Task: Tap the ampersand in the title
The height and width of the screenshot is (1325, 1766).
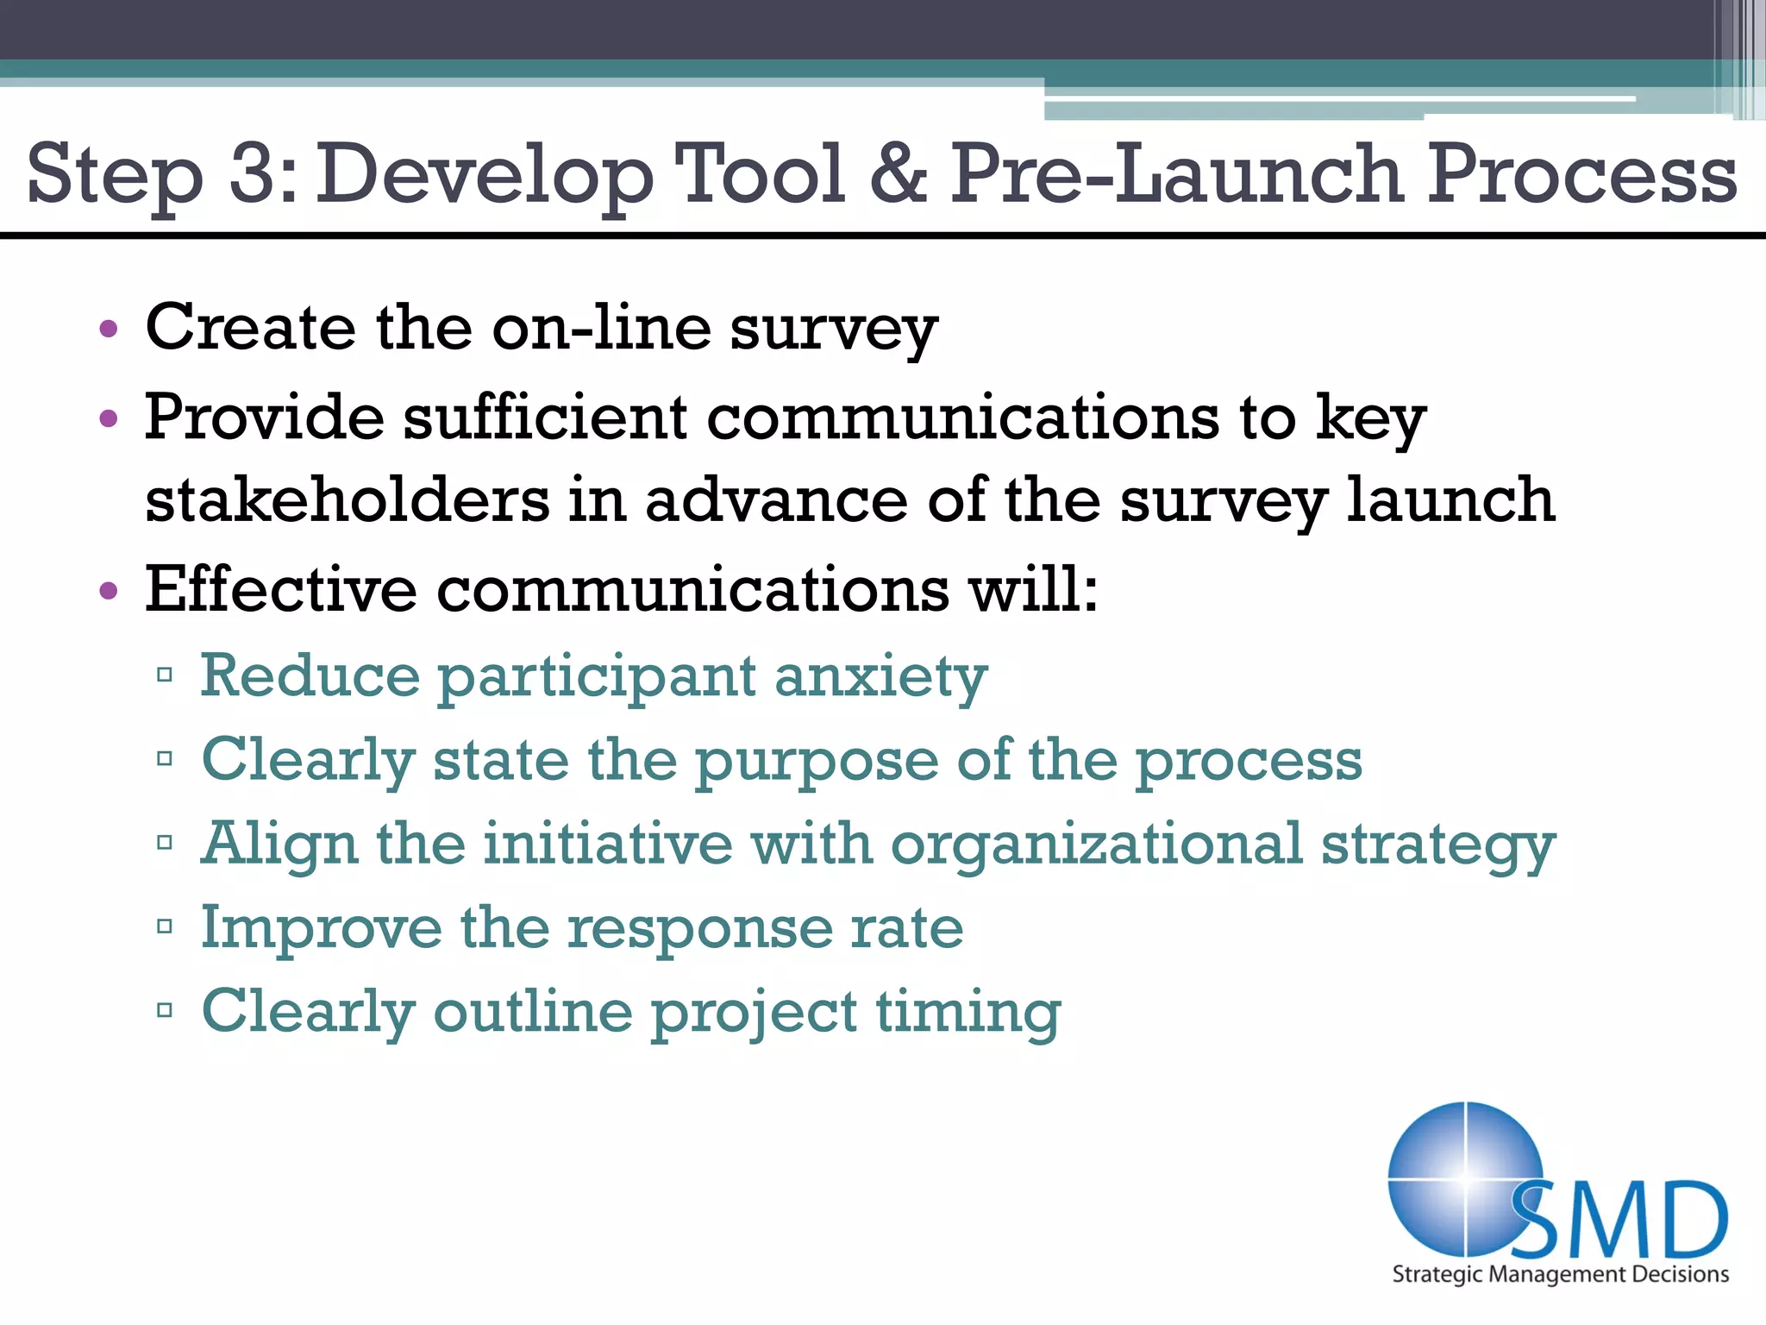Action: tap(898, 174)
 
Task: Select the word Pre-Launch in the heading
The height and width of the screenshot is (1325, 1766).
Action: tap(1178, 174)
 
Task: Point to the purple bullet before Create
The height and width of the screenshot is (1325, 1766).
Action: tap(108, 330)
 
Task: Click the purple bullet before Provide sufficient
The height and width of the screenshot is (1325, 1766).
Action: tap(108, 420)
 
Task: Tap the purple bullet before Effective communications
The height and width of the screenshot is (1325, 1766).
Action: tap(108, 592)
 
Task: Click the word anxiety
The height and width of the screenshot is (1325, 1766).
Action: tap(880, 678)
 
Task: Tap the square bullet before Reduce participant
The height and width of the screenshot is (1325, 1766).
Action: tap(166, 675)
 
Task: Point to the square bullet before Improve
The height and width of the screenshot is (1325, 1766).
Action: tap(166, 927)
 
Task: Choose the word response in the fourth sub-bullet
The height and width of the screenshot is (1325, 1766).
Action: tap(699, 930)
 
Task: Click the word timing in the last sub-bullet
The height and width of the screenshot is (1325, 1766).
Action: tap(968, 1013)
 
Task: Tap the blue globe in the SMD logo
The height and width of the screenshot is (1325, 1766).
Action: tap(1457, 1173)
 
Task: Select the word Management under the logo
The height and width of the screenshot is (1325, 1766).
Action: tap(1558, 1274)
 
